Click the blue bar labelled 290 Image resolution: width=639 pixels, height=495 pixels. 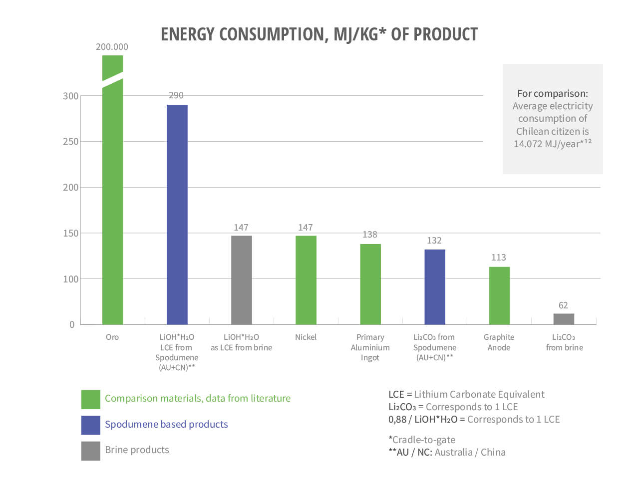[177, 215]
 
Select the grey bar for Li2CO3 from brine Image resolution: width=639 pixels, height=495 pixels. [564, 319]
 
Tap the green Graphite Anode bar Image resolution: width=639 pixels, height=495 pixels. [499, 295]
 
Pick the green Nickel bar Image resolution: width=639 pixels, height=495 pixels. [306, 280]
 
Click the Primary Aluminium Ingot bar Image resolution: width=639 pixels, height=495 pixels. [370, 284]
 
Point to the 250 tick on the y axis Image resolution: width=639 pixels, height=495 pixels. [70, 142]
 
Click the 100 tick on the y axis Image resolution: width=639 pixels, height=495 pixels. [70, 279]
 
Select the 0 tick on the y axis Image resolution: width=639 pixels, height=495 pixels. [72, 325]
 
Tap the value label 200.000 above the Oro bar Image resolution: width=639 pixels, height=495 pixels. [112, 47]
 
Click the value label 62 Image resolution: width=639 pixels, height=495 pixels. [563, 305]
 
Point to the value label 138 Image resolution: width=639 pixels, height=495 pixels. [370, 235]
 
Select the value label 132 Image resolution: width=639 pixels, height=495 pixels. [434, 241]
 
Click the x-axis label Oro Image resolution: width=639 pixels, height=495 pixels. [112, 337]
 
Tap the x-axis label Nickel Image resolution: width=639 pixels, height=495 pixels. [306, 337]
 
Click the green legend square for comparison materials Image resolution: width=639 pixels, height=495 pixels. [90, 399]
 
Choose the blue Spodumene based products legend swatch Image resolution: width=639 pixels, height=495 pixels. [90, 425]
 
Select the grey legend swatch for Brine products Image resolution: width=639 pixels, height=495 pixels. [90, 451]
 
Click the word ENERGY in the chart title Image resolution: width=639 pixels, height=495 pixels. [187, 34]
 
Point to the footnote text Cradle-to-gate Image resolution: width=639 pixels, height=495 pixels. [423, 440]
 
